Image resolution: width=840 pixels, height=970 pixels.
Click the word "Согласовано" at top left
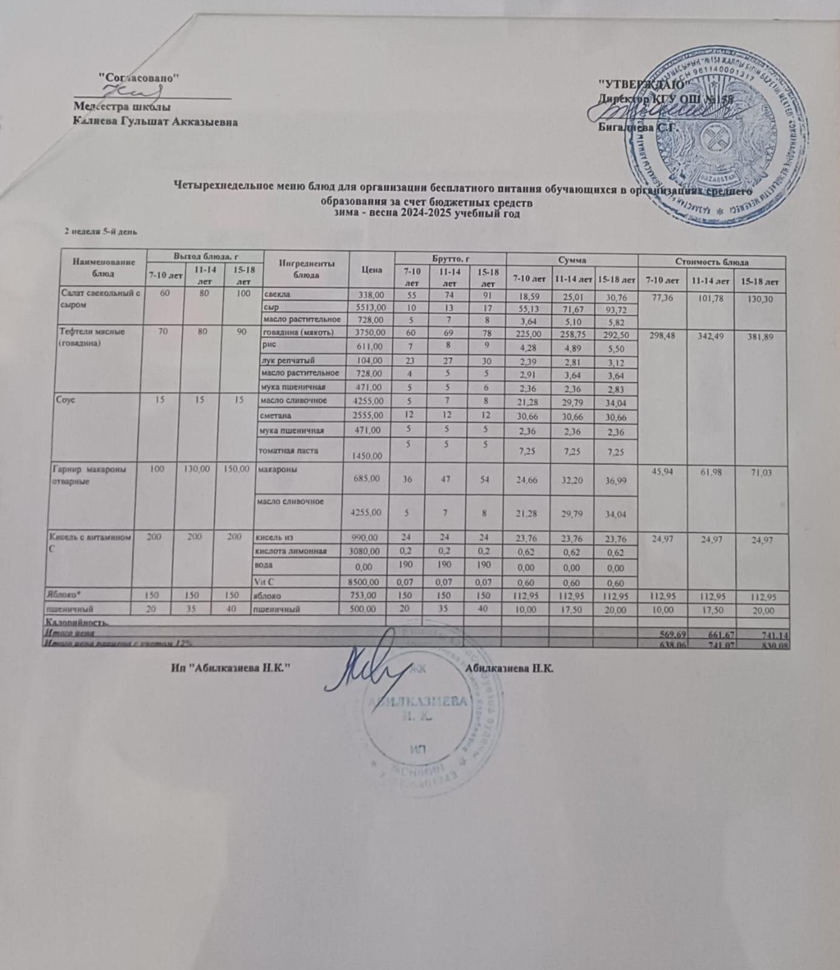click(x=139, y=78)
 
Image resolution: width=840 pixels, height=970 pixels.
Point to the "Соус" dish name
click(x=67, y=400)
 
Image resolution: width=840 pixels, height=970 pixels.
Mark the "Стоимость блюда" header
click(x=712, y=263)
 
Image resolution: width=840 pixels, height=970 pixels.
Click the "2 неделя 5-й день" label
click(x=102, y=232)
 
